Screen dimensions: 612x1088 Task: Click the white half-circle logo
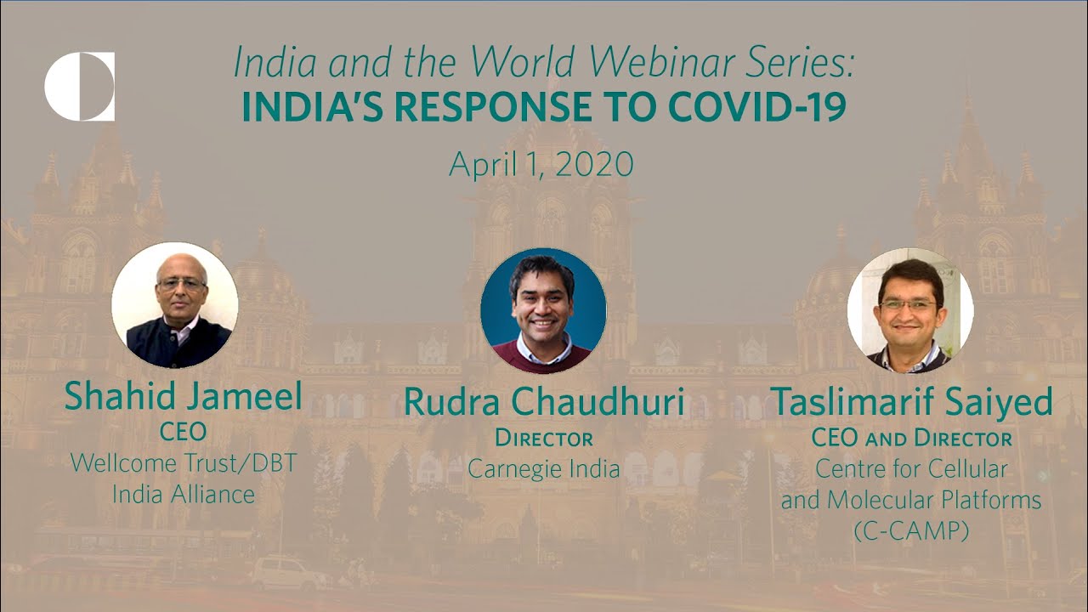[x=79, y=86]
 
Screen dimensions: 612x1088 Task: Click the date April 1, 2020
[x=541, y=164]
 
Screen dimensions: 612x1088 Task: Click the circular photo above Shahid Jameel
[x=175, y=304]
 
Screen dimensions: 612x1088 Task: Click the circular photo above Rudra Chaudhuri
[x=543, y=310]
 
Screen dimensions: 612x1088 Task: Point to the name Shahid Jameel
[x=183, y=396]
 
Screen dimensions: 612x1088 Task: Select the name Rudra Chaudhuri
[x=544, y=402]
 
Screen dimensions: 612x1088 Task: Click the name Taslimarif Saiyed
[x=910, y=401]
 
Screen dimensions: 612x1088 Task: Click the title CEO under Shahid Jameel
[x=183, y=432]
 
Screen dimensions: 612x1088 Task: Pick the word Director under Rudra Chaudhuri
[x=544, y=439]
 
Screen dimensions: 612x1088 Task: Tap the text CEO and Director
[x=911, y=439]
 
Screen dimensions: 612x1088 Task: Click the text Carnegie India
[x=544, y=468]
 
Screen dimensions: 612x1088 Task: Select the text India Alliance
[x=183, y=494]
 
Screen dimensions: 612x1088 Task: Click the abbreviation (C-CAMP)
[x=910, y=530]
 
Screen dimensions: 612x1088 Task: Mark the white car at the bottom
[x=289, y=574]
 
